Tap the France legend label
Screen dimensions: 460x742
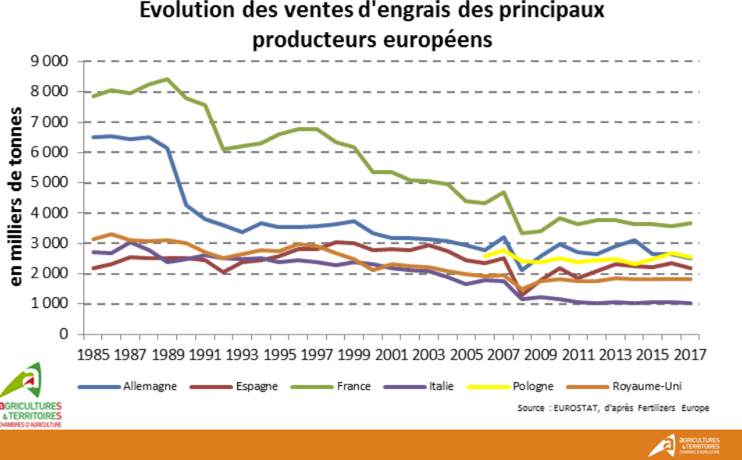pos(353,386)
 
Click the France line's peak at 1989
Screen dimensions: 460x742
pos(166,79)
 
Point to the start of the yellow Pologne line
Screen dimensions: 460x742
pos(485,255)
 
